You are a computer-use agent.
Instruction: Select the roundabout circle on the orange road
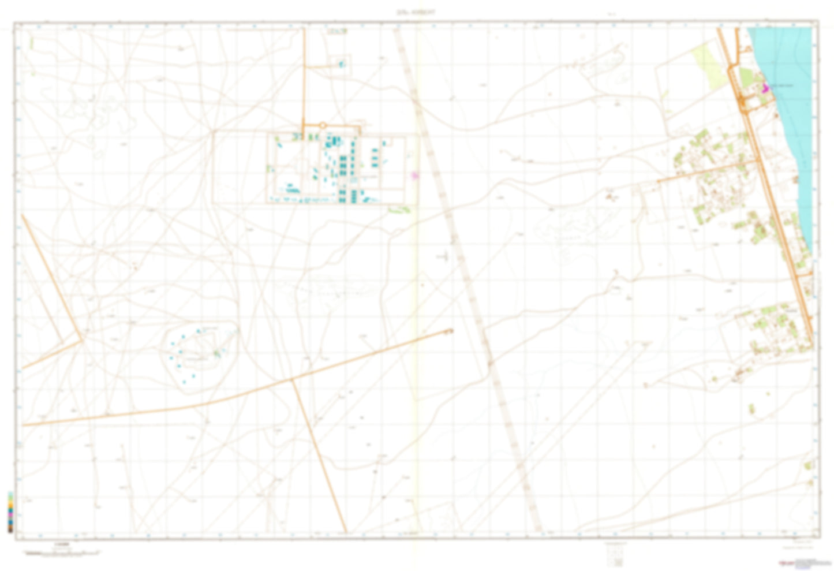(323, 125)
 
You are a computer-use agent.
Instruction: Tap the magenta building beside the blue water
(766, 88)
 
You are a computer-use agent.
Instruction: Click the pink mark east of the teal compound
(413, 174)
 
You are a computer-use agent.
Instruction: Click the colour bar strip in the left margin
(10, 512)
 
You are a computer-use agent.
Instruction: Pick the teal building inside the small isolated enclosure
(342, 64)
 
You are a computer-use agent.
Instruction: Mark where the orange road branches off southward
(292, 379)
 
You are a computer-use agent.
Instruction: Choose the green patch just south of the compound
(399, 209)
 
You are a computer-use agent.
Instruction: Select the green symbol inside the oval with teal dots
(216, 353)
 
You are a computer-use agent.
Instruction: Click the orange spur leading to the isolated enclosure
(319, 66)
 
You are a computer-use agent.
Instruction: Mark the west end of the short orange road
(659, 181)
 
